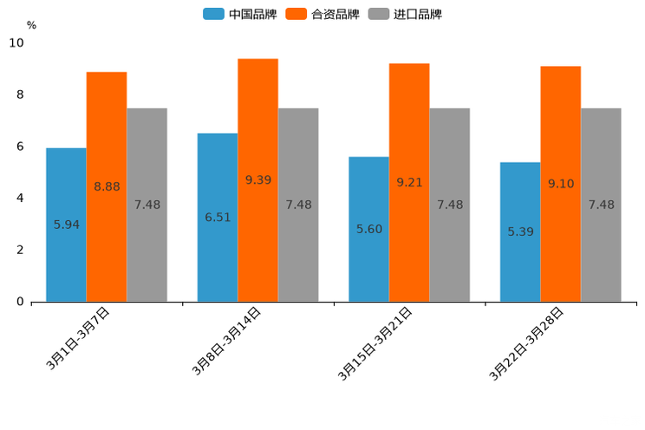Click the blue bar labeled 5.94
click(x=66, y=225)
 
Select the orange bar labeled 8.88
click(x=107, y=186)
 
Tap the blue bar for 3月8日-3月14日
click(x=218, y=217)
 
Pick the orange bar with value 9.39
click(x=257, y=180)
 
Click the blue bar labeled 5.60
click(x=368, y=229)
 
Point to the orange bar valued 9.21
click(x=409, y=182)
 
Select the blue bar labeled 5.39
click(x=520, y=231)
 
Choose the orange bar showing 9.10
click(x=560, y=184)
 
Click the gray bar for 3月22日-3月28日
click(x=601, y=205)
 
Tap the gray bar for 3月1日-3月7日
click(x=147, y=205)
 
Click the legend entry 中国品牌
click(x=240, y=14)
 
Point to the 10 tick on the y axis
click(x=16, y=42)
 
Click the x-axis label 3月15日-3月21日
click(x=376, y=344)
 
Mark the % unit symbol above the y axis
click(x=31, y=25)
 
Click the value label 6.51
click(x=218, y=218)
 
